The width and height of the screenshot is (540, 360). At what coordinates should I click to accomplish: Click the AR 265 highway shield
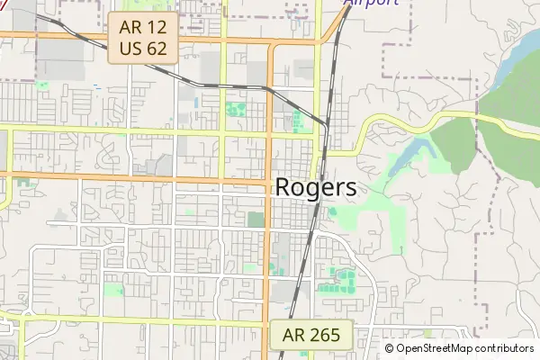click(x=311, y=336)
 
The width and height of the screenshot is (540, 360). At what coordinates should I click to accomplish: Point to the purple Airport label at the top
click(x=371, y=3)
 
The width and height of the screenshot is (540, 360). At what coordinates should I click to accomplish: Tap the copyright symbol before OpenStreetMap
click(x=390, y=348)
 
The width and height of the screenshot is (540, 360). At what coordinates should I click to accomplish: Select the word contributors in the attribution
click(x=504, y=348)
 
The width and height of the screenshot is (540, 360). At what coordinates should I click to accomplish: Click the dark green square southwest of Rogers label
click(x=256, y=219)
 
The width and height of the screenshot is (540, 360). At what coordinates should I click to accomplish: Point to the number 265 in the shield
click(x=323, y=336)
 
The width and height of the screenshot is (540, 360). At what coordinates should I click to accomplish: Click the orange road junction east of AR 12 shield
click(x=223, y=40)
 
